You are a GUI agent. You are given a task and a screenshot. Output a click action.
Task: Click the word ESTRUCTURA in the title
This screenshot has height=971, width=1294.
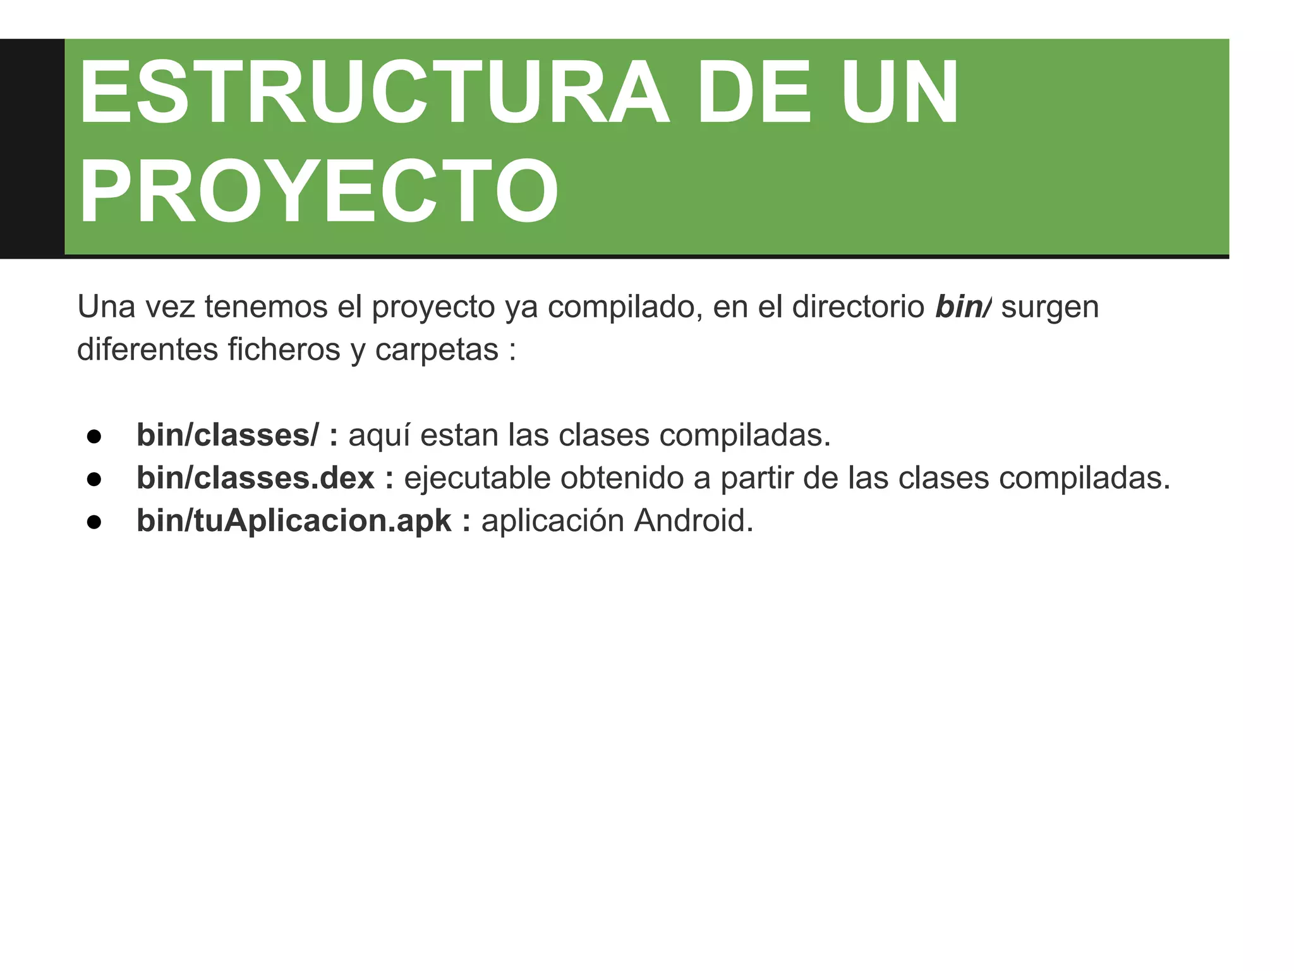[373, 93]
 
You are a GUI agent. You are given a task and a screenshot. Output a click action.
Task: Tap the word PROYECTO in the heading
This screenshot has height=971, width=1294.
[318, 192]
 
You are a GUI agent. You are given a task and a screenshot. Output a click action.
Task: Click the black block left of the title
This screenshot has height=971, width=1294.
[32, 148]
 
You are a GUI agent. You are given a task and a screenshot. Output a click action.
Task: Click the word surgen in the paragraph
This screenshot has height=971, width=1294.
[1050, 307]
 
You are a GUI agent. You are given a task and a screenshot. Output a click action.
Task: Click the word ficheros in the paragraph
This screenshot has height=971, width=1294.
[284, 350]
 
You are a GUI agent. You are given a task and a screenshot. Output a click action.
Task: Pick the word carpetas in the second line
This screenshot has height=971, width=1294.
[437, 350]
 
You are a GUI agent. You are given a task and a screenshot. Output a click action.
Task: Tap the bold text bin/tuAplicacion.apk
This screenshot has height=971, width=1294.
[294, 521]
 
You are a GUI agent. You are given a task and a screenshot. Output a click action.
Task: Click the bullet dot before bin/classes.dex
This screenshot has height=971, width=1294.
[94, 479]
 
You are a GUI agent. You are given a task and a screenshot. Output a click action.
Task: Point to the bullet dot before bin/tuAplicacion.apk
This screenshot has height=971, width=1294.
[94, 522]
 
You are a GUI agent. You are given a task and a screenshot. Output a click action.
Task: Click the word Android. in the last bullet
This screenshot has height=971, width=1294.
[694, 521]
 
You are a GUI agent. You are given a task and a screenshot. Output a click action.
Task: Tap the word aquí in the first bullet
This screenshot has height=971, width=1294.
[379, 436]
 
